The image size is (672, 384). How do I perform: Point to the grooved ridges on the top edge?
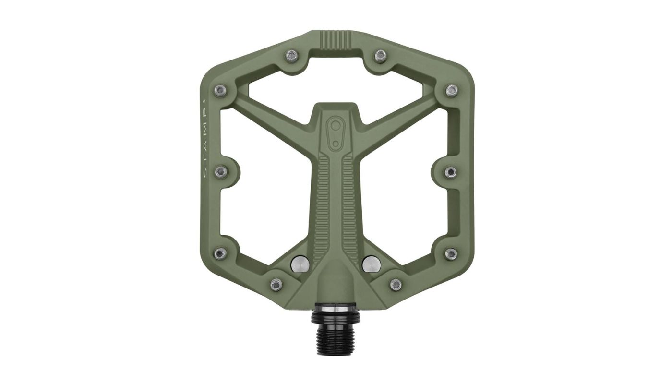point(336,39)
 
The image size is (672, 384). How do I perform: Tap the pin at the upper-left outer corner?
point(220,90)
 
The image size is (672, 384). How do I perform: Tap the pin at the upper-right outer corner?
point(451,90)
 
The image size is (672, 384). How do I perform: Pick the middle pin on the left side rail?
point(220,171)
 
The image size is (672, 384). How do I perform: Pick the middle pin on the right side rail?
point(451,171)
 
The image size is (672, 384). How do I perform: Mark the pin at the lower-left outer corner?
point(220,252)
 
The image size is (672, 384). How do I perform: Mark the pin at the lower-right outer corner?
point(451,252)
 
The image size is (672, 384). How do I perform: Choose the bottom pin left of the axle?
point(276,285)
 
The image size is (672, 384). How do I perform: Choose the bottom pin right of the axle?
point(396,285)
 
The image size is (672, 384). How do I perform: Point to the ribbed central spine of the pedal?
point(336,202)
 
